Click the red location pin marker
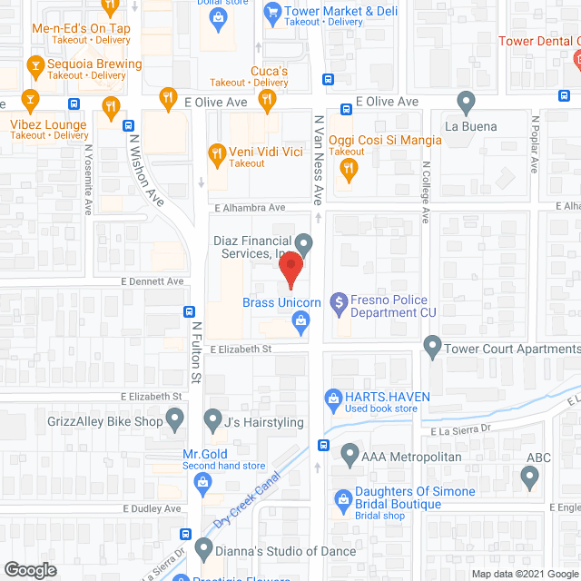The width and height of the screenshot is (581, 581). pos(290,271)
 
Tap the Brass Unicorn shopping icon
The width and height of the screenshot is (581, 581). pos(300,320)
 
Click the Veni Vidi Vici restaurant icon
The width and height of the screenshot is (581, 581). pos(217,152)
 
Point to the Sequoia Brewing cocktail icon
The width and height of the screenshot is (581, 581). pos(35,64)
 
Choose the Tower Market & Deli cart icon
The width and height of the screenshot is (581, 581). pos(271,12)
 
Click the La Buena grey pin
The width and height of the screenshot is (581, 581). pos(467,102)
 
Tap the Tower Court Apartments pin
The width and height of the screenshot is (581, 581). pos(432,346)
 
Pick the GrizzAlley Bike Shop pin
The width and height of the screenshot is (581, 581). pos(176,420)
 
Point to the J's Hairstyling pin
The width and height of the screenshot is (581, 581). pos(213,420)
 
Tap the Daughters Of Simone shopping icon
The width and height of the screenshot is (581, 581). pos(343,498)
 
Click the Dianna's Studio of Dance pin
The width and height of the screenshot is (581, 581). pos(203,550)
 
